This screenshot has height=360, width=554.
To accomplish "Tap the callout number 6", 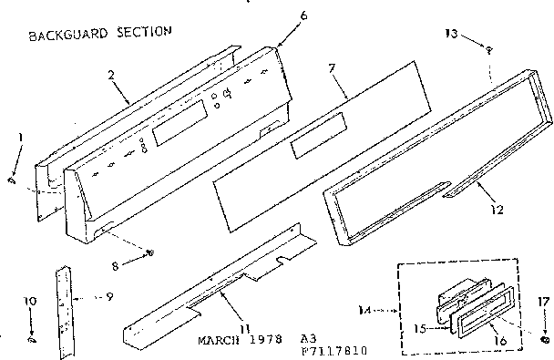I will [279, 15].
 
